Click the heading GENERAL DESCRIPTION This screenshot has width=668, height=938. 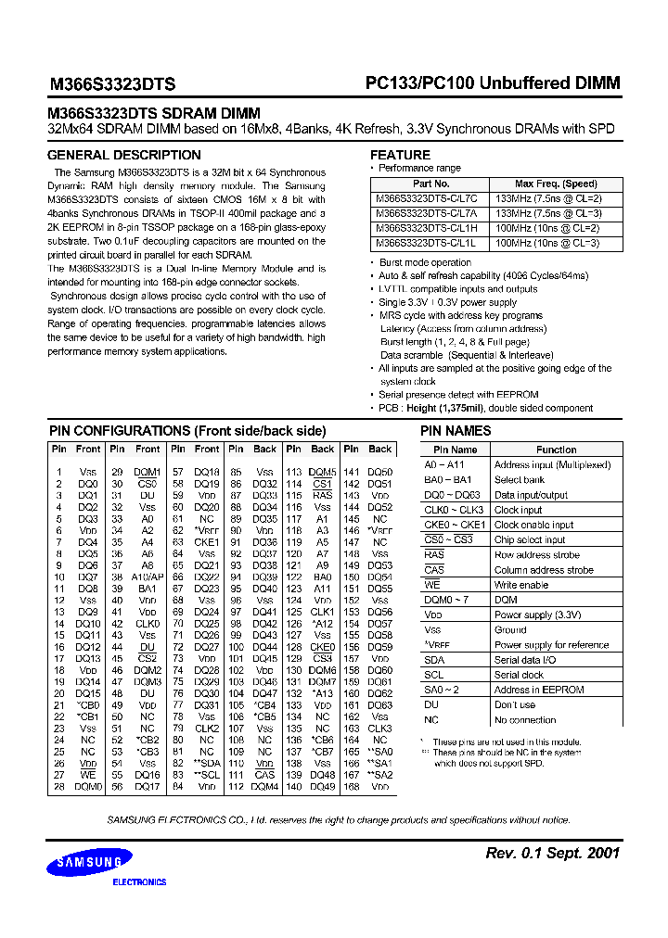point(123,155)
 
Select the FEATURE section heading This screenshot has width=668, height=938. point(400,155)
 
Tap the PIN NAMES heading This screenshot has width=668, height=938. point(456,431)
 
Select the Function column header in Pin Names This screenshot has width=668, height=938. point(556,450)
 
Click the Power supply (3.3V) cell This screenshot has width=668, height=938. point(537,615)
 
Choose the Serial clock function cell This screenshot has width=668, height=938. point(519,675)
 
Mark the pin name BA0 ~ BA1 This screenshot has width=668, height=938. point(447,480)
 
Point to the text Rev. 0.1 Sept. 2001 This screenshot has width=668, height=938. point(553,853)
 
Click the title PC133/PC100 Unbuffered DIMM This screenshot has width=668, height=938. point(492,82)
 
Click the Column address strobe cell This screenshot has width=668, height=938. point(543,570)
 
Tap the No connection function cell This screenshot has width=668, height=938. point(525,719)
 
